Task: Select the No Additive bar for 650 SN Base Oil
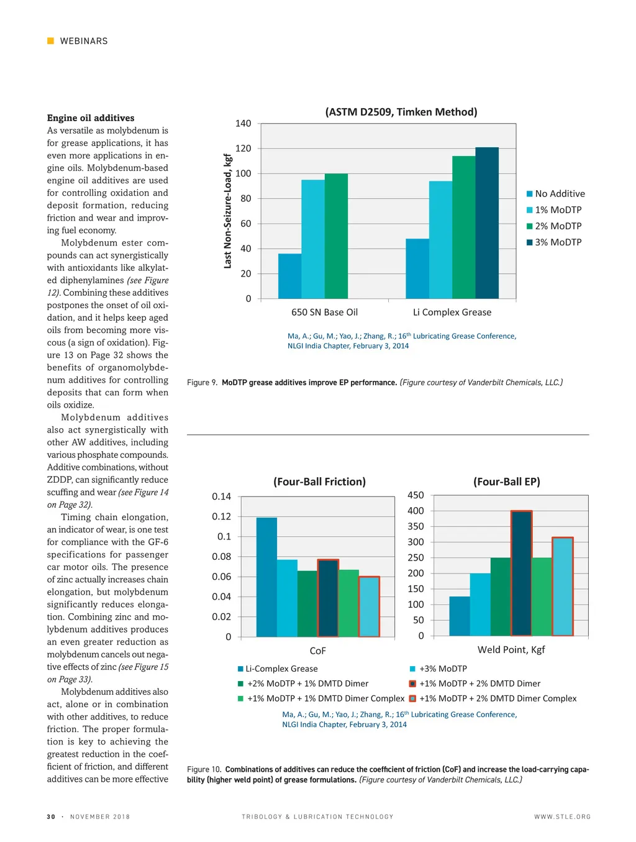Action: (289, 276)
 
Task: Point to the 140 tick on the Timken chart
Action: (243, 124)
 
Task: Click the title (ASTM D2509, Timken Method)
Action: (401, 112)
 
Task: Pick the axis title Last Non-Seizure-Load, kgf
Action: (228, 211)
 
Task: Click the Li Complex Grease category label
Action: (452, 313)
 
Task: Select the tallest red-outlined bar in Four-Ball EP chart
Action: (521, 573)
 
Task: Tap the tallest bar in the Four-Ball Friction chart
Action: (266, 577)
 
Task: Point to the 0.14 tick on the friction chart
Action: (221, 497)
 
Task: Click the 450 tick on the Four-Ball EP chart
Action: (416, 495)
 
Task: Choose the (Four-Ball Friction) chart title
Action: (319, 482)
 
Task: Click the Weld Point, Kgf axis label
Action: (511, 649)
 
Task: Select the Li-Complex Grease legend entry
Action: (278, 669)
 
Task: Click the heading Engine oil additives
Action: (91, 118)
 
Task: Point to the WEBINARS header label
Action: (84, 41)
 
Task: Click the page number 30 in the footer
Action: (51, 817)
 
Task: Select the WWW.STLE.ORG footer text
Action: (562, 817)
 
